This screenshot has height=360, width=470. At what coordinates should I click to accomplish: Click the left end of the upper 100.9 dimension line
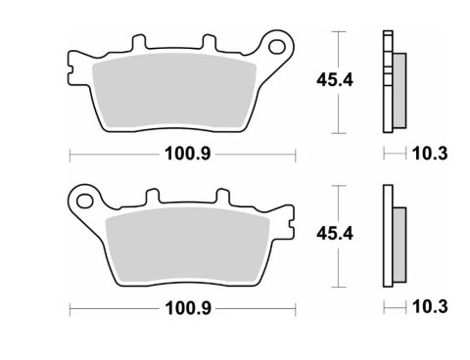pyautogui.click(x=71, y=155)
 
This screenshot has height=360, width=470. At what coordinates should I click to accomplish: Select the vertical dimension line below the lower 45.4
pyautogui.click(x=339, y=269)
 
